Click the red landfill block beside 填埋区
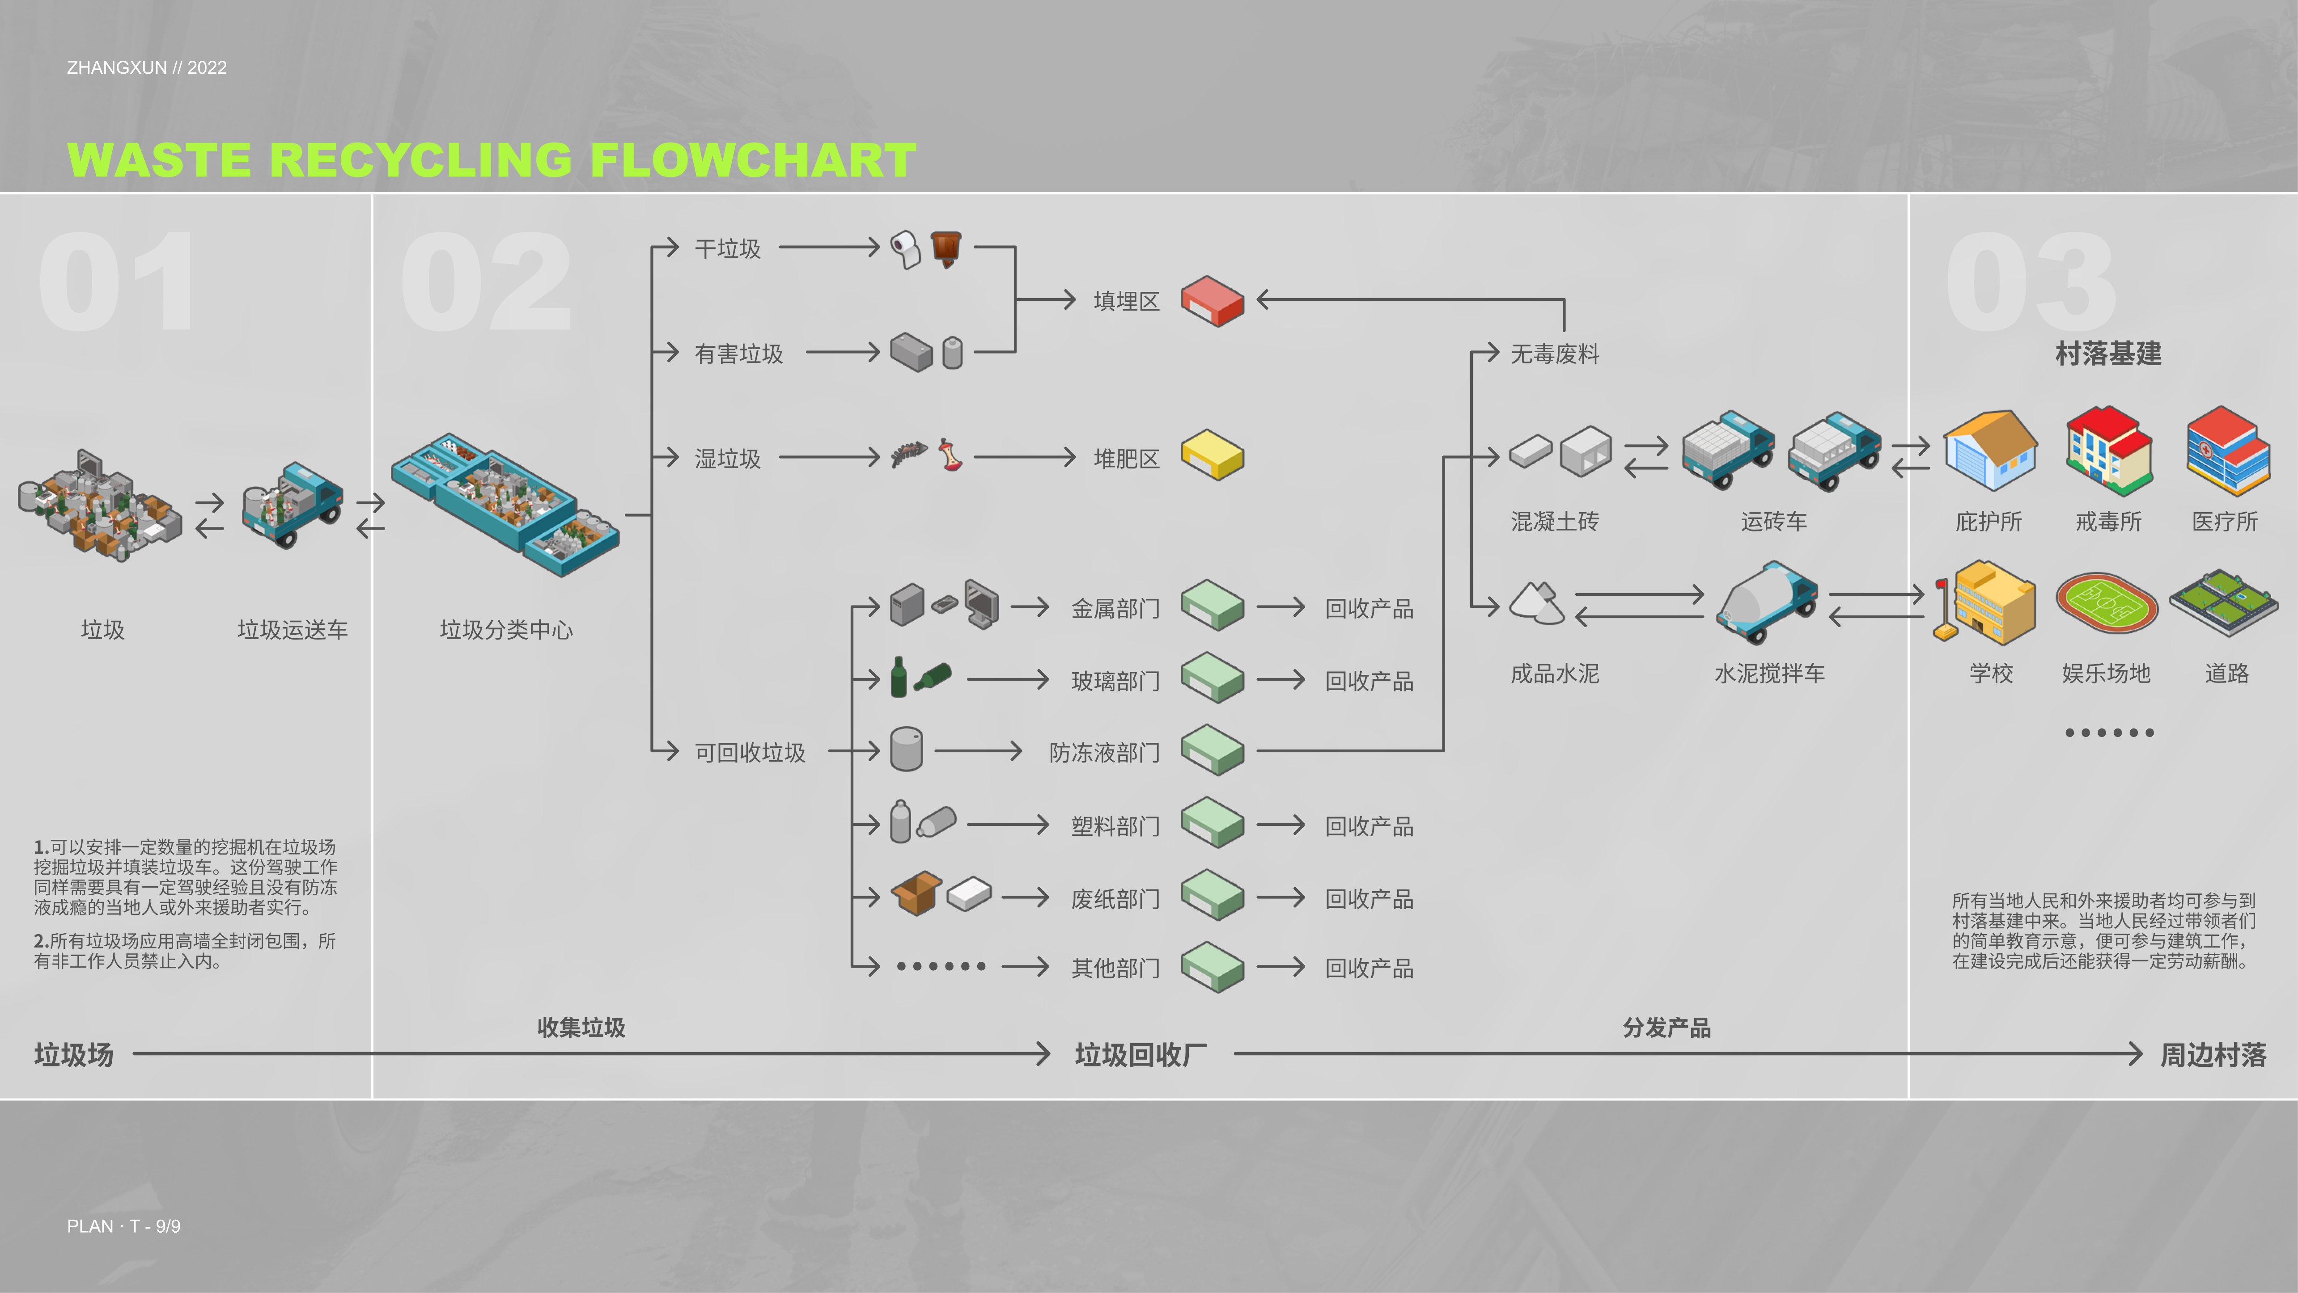pyautogui.click(x=1212, y=300)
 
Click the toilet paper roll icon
pyautogui.click(x=905, y=249)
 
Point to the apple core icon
pyautogui.click(x=950, y=455)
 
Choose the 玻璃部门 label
pyautogui.click(x=1115, y=681)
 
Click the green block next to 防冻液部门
pyautogui.click(x=1212, y=750)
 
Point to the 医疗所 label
pyautogui.click(x=2225, y=522)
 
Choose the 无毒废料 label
pyautogui.click(x=1554, y=354)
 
